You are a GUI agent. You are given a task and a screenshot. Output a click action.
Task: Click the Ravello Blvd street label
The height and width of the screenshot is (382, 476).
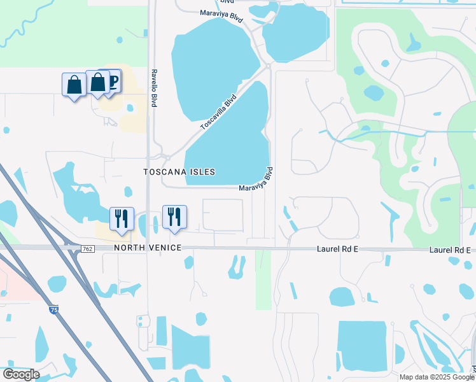tap(153, 88)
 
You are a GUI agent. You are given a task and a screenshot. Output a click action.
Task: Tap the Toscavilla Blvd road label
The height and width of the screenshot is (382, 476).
tap(218, 113)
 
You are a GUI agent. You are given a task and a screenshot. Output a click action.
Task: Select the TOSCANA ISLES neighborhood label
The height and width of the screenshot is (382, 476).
tap(179, 172)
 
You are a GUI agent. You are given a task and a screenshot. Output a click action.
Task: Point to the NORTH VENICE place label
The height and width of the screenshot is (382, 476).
tap(148, 247)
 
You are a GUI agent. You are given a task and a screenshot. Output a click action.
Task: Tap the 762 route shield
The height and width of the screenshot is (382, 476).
tap(88, 248)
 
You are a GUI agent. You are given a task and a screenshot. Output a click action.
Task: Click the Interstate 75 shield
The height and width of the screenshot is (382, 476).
tap(53, 309)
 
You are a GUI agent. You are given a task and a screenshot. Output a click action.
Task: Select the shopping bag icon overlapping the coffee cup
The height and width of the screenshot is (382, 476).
tap(98, 83)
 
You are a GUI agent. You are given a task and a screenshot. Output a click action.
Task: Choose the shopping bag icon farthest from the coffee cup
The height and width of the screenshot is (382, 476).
tap(74, 85)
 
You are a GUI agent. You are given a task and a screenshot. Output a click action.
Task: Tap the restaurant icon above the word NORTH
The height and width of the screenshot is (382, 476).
tap(121, 218)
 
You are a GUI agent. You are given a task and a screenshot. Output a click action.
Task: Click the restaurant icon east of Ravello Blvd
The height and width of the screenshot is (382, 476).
tap(174, 216)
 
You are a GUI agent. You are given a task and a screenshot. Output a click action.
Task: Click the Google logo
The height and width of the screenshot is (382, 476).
tap(21, 374)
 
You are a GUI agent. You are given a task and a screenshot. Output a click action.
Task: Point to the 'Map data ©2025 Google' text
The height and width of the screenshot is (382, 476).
tap(437, 377)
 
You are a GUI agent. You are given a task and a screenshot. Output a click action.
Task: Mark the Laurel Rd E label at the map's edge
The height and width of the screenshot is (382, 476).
tap(452, 250)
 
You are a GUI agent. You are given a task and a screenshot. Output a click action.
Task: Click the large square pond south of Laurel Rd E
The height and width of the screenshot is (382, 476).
tap(361, 346)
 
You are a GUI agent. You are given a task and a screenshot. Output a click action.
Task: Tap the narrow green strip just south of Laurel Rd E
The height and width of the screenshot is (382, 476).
tap(263, 279)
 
